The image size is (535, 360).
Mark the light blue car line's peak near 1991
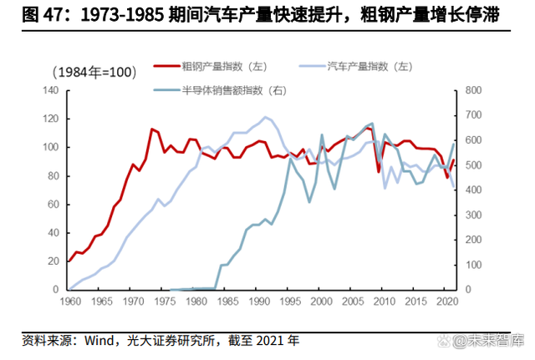pyautogui.click(x=265, y=117)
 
